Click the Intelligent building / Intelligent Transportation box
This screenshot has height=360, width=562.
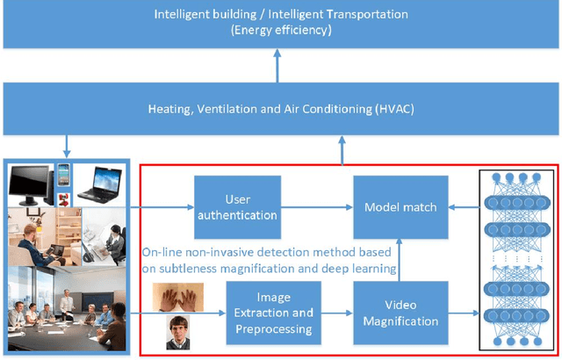(281, 22)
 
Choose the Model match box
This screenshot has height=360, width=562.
(400, 207)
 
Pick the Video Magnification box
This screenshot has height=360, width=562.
(400, 313)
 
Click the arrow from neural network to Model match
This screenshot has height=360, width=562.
(464, 207)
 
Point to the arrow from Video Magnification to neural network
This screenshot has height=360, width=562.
(464, 314)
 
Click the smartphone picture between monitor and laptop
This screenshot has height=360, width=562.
(64, 173)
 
